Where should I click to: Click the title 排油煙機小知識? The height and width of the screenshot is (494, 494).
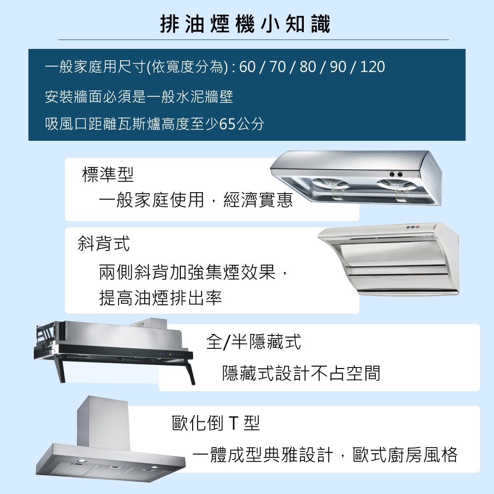(x=246, y=24)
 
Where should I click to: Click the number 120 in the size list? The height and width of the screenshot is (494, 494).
(x=372, y=67)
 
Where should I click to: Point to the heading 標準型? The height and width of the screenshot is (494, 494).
(x=108, y=174)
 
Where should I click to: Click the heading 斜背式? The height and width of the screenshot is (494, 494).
(x=104, y=243)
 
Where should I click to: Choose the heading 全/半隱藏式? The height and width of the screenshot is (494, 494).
(x=253, y=341)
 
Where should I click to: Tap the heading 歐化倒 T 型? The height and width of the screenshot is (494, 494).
(x=215, y=423)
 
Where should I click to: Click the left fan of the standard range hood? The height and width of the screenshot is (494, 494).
(x=331, y=184)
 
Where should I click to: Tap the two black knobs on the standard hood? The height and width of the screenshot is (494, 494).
(x=395, y=174)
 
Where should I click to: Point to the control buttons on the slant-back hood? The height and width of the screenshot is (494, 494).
(x=412, y=228)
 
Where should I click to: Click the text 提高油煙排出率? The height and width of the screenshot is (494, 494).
(x=160, y=298)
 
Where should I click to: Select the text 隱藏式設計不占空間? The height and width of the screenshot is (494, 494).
(x=301, y=373)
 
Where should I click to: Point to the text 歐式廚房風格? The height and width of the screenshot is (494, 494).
(x=405, y=454)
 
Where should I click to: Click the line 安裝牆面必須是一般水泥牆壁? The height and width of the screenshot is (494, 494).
(x=139, y=97)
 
